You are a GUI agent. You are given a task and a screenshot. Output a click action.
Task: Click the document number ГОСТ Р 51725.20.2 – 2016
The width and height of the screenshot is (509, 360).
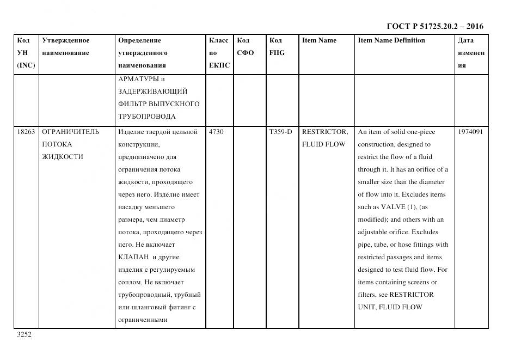tap(434, 26)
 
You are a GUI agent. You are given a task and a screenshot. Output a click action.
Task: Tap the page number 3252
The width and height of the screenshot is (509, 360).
tap(24, 335)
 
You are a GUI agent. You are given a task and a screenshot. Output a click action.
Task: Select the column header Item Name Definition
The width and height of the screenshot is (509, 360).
tap(391, 40)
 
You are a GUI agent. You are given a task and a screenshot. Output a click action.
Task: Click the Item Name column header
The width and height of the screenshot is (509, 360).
tap(319, 40)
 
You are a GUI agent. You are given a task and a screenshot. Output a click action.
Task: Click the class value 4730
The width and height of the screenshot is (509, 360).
tap(216, 132)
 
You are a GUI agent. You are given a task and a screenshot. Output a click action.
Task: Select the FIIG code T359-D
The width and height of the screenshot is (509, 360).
tap(280, 132)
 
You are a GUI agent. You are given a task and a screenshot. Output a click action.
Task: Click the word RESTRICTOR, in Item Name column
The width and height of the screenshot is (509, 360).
tap(324, 132)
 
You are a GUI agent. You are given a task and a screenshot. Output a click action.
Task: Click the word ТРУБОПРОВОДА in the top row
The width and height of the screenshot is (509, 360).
tap(146, 116)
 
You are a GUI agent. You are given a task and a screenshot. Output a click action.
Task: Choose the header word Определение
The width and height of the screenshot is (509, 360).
tap(139, 40)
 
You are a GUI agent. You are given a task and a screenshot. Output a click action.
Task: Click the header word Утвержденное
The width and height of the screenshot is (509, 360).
tap(66, 40)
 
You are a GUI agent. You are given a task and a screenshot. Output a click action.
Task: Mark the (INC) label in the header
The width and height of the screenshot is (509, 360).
tap(26, 65)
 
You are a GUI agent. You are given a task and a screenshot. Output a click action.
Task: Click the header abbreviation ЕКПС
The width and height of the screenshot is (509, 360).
tap(219, 65)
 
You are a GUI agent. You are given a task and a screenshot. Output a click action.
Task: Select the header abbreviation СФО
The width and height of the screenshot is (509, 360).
tap(246, 53)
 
